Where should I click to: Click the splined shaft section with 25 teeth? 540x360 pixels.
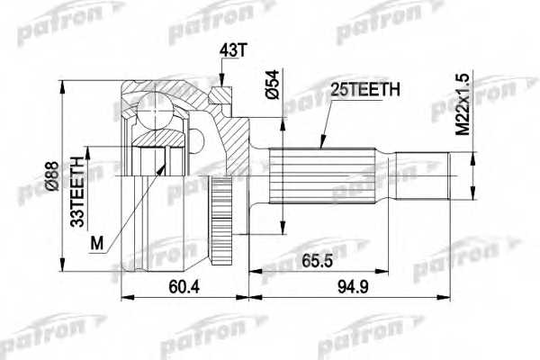click(x=324, y=177)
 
